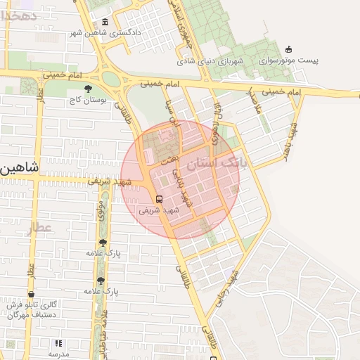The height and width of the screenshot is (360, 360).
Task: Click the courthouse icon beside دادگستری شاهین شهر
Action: [105, 23]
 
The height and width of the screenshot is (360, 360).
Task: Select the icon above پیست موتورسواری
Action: [289, 49]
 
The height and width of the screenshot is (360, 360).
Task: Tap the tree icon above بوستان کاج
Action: [87, 89]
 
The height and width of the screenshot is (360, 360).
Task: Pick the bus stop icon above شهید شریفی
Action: [159, 198]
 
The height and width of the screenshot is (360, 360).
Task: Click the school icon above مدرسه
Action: [58, 343]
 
